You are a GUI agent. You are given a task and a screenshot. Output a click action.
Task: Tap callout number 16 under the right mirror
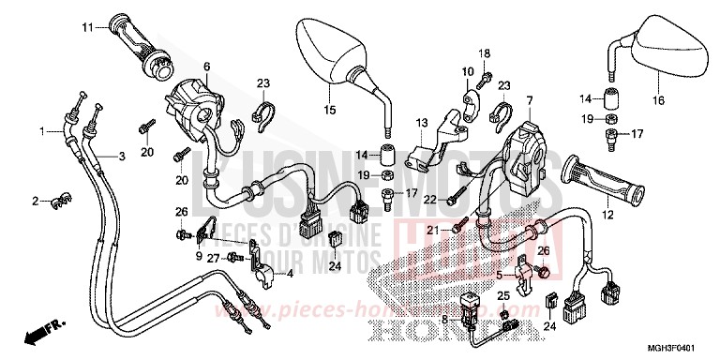[x=659, y=100]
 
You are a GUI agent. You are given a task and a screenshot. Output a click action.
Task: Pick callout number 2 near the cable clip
[x=35, y=201]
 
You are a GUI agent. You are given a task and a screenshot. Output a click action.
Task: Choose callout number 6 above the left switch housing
[x=207, y=67]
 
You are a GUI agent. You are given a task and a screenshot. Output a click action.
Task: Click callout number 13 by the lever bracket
[x=423, y=122]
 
